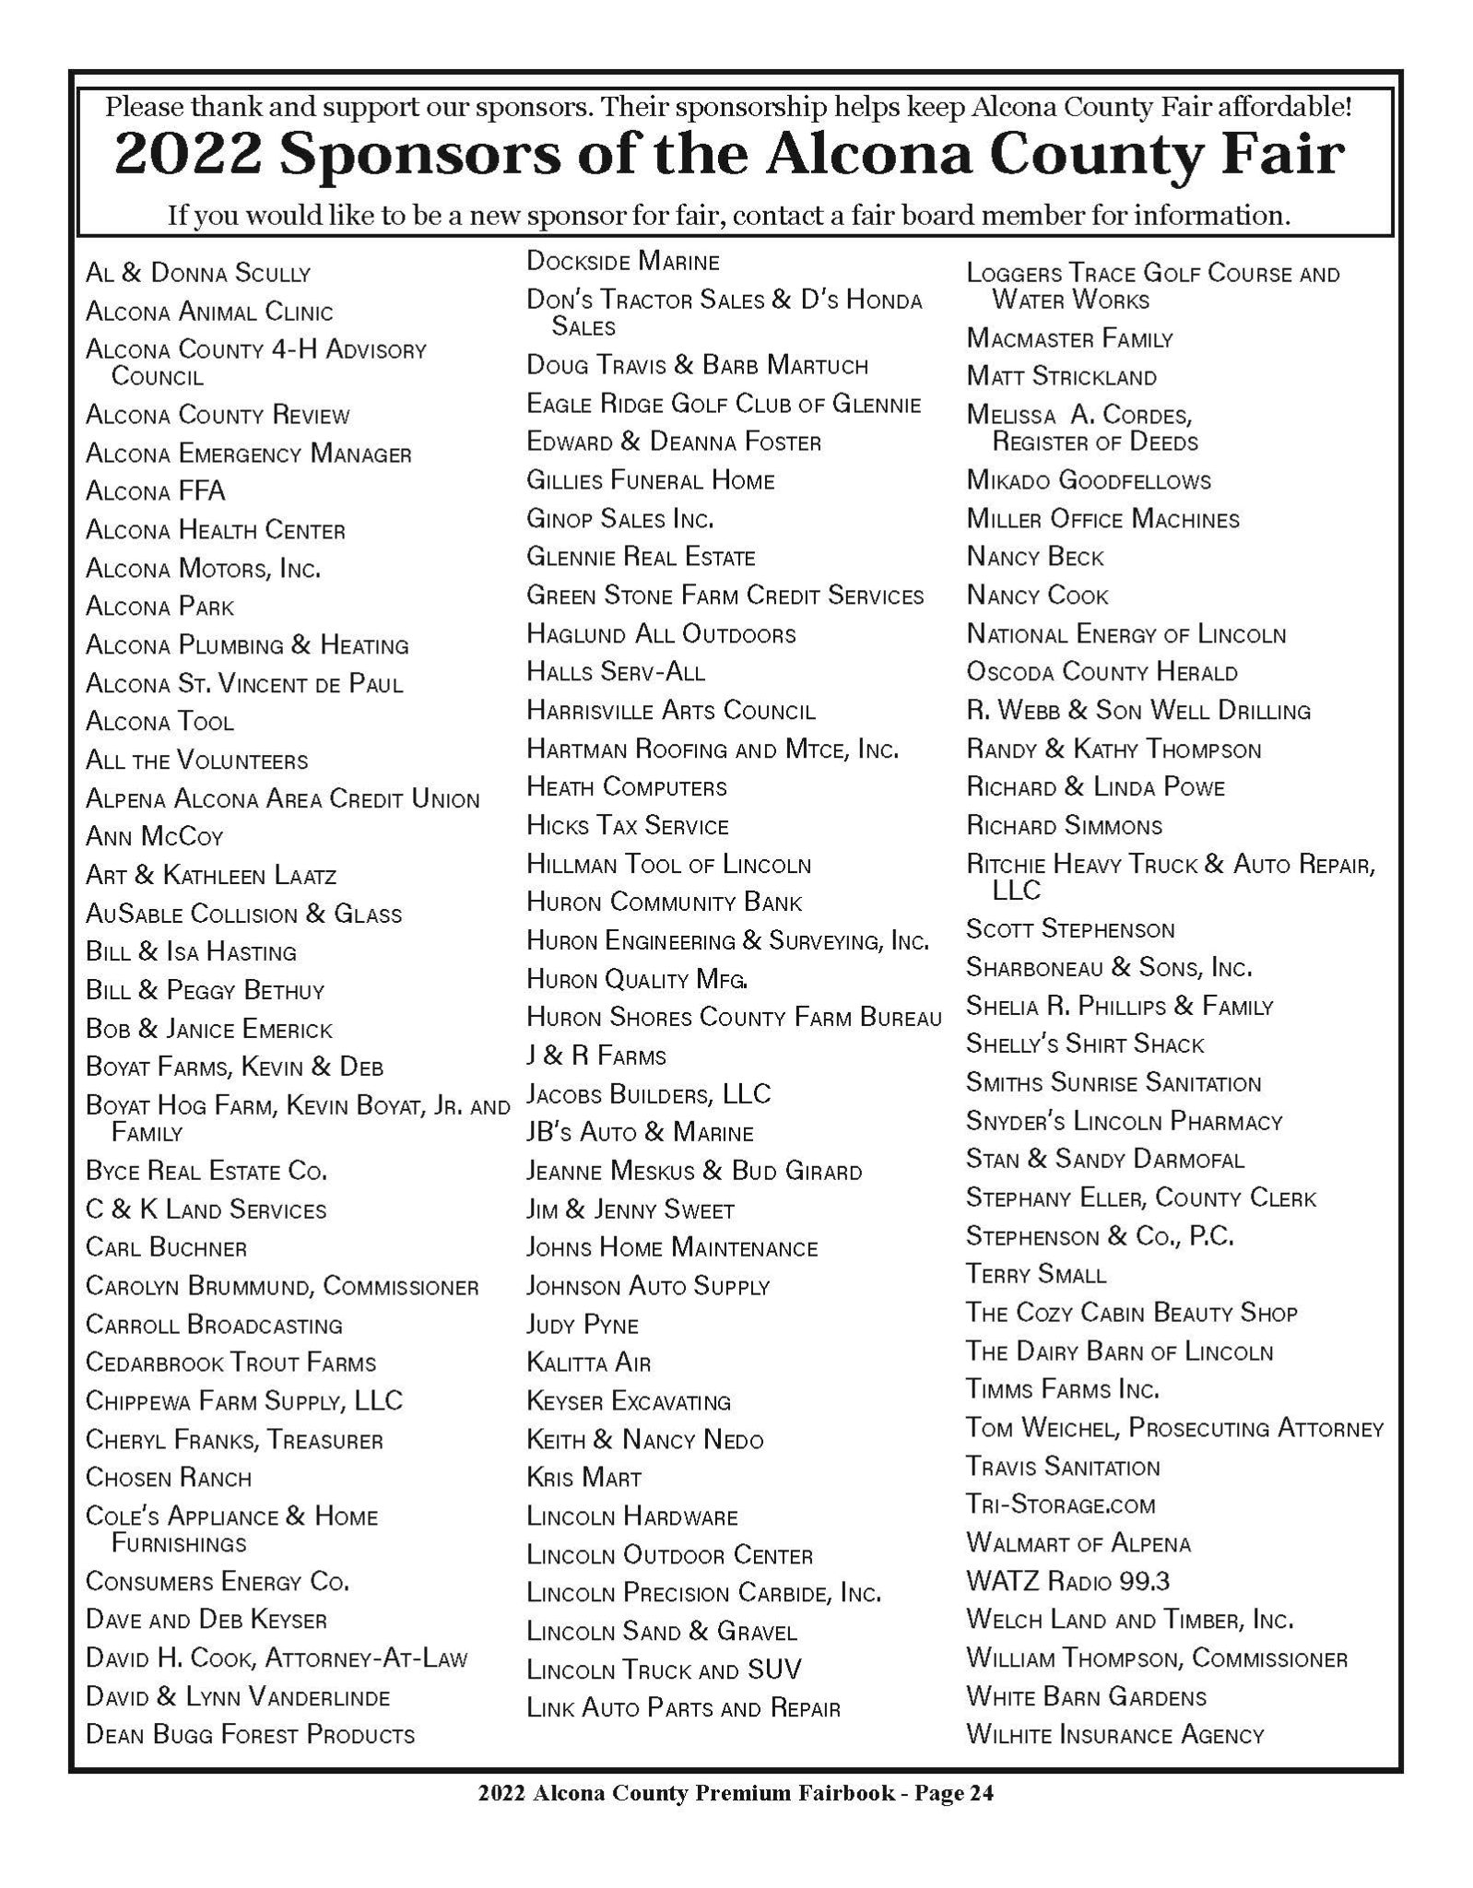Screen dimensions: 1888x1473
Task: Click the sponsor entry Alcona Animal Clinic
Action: coord(209,312)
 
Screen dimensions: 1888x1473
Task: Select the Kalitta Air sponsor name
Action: coord(588,1363)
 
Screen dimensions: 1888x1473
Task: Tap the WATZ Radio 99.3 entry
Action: coord(1067,1581)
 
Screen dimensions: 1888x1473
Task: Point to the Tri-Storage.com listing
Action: coord(1060,1504)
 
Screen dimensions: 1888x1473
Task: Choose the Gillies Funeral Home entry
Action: coord(650,480)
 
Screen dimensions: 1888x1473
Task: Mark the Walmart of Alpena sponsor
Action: coord(1078,1543)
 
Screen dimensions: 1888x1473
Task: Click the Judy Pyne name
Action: coord(582,1325)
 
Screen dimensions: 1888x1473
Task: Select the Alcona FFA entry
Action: coord(155,491)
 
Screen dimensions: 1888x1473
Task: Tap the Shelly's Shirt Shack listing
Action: coord(1085,1044)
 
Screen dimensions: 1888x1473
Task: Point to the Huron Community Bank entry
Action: coord(664,902)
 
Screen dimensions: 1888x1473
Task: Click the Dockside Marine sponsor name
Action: coord(622,262)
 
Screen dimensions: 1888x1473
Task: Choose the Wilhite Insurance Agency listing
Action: coord(1114,1735)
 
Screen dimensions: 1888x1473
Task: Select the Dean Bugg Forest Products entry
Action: coord(250,1735)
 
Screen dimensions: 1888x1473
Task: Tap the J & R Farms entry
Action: coord(595,1056)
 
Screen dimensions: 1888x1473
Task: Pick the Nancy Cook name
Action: coord(1037,596)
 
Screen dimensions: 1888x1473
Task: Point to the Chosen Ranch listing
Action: coord(168,1478)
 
